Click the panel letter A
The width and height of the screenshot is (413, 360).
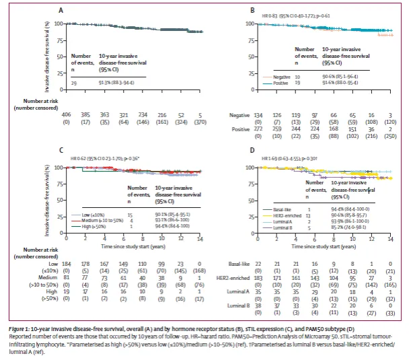pyautogui.click(x=62, y=11)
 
